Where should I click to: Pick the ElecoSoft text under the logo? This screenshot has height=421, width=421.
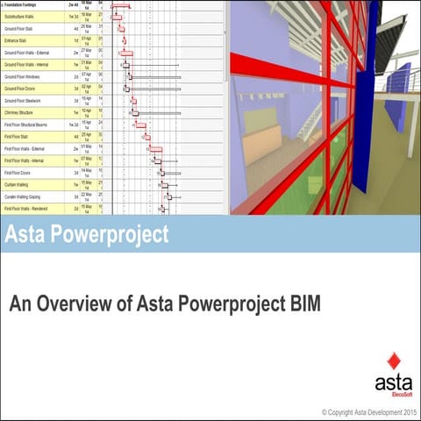click(396, 391)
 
